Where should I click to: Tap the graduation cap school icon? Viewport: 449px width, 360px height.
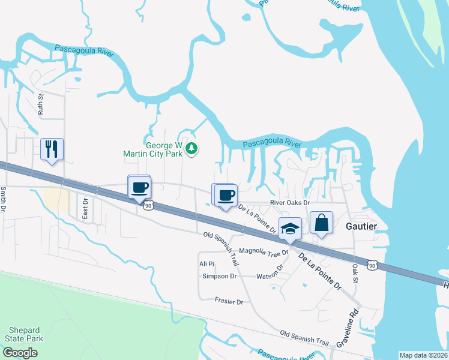(x=290, y=229)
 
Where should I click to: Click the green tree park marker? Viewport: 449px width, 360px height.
(x=191, y=148)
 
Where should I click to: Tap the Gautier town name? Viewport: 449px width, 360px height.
(x=362, y=226)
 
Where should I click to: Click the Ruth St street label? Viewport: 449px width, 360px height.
(x=41, y=104)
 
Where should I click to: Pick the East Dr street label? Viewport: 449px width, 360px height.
(x=85, y=208)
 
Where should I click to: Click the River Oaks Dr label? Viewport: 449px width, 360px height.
(x=289, y=203)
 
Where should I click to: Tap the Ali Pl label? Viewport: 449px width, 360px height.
(x=206, y=263)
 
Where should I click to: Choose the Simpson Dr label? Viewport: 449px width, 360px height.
(x=220, y=276)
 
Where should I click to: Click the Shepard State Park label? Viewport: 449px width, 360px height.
(x=25, y=334)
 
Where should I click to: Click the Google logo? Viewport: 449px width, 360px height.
(x=20, y=353)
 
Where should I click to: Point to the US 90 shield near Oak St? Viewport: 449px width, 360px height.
(x=373, y=265)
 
